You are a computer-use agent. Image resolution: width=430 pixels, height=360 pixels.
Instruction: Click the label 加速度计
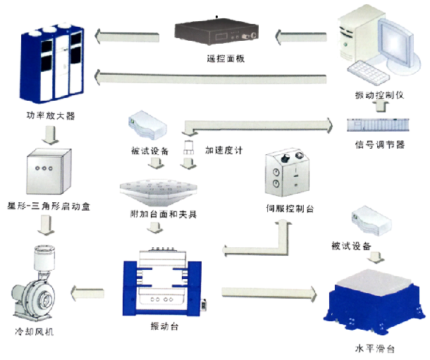pyautogui.click(x=223, y=150)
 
